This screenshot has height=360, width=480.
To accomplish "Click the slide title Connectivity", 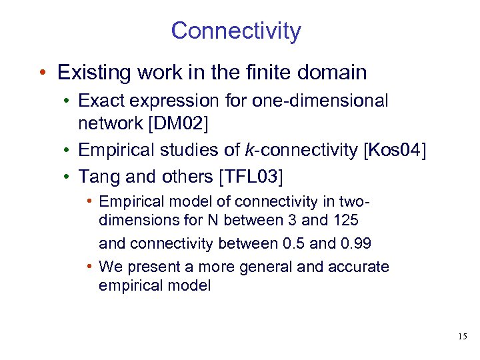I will pyautogui.click(x=236, y=31).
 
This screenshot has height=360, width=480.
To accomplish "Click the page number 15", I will pyautogui.click(x=463, y=337).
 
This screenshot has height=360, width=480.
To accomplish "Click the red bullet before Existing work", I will pyautogui.click(x=42, y=72).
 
